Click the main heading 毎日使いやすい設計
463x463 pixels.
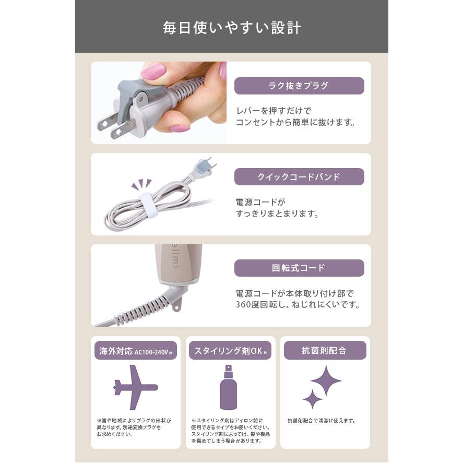coord(231,27)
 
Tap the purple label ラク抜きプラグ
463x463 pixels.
coord(299,86)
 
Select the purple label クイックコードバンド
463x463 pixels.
coord(299,177)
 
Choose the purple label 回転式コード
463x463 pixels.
coord(299,268)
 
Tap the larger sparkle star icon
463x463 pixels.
coord(326,381)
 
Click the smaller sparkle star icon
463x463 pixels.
coord(313,399)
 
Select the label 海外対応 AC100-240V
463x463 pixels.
coord(135,351)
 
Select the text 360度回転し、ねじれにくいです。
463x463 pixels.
coord(298,305)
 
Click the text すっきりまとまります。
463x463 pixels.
coord(277,214)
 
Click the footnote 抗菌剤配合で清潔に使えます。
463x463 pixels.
coord(321,420)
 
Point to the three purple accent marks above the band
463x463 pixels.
coord(141,184)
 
